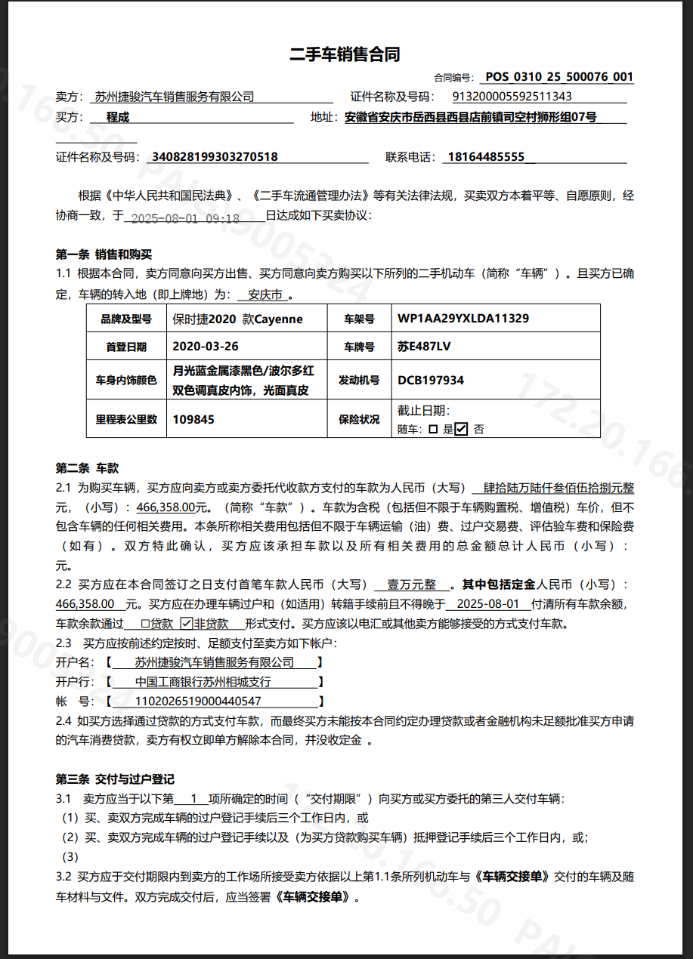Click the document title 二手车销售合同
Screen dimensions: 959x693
point(345,54)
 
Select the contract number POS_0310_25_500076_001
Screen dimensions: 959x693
point(558,77)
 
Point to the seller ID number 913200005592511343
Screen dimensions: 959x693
point(512,97)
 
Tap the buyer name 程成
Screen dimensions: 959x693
point(118,117)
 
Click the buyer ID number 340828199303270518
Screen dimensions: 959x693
point(215,157)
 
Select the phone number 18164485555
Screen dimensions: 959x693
point(486,157)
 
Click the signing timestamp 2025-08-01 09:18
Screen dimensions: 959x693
point(185,219)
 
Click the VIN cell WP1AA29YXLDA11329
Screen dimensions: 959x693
point(463,319)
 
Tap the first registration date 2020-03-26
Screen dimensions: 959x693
point(206,347)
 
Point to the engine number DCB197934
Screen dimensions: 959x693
point(431,381)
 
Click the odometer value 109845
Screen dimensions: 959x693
point(194,419)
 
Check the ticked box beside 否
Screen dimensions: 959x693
point(461,429)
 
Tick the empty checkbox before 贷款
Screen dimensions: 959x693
point(146,624)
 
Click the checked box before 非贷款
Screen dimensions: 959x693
point(187,624)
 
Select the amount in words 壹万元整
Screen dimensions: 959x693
point(412,584)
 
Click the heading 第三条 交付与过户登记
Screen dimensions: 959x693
point(115,779)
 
